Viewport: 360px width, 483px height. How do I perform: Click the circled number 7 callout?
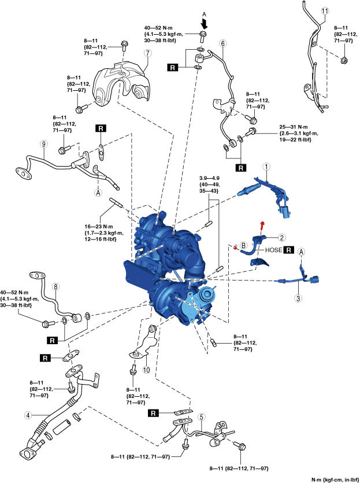(147, 53)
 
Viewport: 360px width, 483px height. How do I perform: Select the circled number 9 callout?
(43, 144)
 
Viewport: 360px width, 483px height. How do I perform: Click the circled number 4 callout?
(27, 415)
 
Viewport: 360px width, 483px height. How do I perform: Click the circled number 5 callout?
(201, 416)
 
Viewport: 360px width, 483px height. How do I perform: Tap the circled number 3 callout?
(299, 299)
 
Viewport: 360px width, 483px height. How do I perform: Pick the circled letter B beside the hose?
(244, 245)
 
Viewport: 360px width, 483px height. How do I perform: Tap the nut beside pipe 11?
(343, 60)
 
